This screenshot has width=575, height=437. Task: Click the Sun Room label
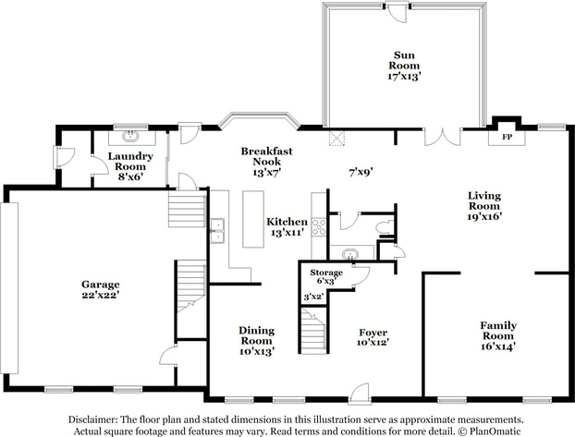point(404,60)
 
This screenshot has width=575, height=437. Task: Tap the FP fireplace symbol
point(507,138)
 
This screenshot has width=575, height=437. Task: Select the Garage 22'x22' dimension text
point(101,295)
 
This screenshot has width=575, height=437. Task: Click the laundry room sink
point(130,137)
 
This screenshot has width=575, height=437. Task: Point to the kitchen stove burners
point(318,227)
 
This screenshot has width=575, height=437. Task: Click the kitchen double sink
point(217,231)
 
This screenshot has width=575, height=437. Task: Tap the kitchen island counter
point(253,219)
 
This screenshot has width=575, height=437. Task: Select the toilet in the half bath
point(385,227)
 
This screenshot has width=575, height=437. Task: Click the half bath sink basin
point(351,254)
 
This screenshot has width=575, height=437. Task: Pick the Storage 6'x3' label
point(326,277)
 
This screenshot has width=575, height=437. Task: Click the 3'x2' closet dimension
point(312,297)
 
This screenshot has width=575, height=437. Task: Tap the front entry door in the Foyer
point(359,395)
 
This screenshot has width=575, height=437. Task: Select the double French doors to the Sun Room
point(443,137)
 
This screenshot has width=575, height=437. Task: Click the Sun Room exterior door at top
point(398,13)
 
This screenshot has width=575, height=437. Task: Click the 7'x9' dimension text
point(361,172)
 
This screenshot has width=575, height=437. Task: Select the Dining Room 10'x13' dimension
point(257,352)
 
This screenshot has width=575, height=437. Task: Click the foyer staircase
point(313,331)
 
